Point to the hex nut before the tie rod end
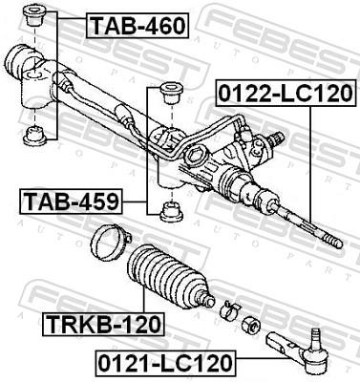click(x=250, y=323)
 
